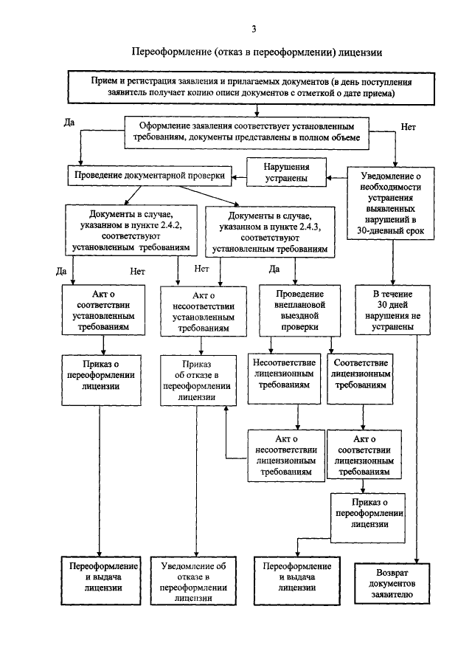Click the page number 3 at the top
(253, 30)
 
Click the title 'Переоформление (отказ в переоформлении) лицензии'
(257, 53)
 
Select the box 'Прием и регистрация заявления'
(257, 87)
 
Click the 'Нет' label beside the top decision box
(409, 128)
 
